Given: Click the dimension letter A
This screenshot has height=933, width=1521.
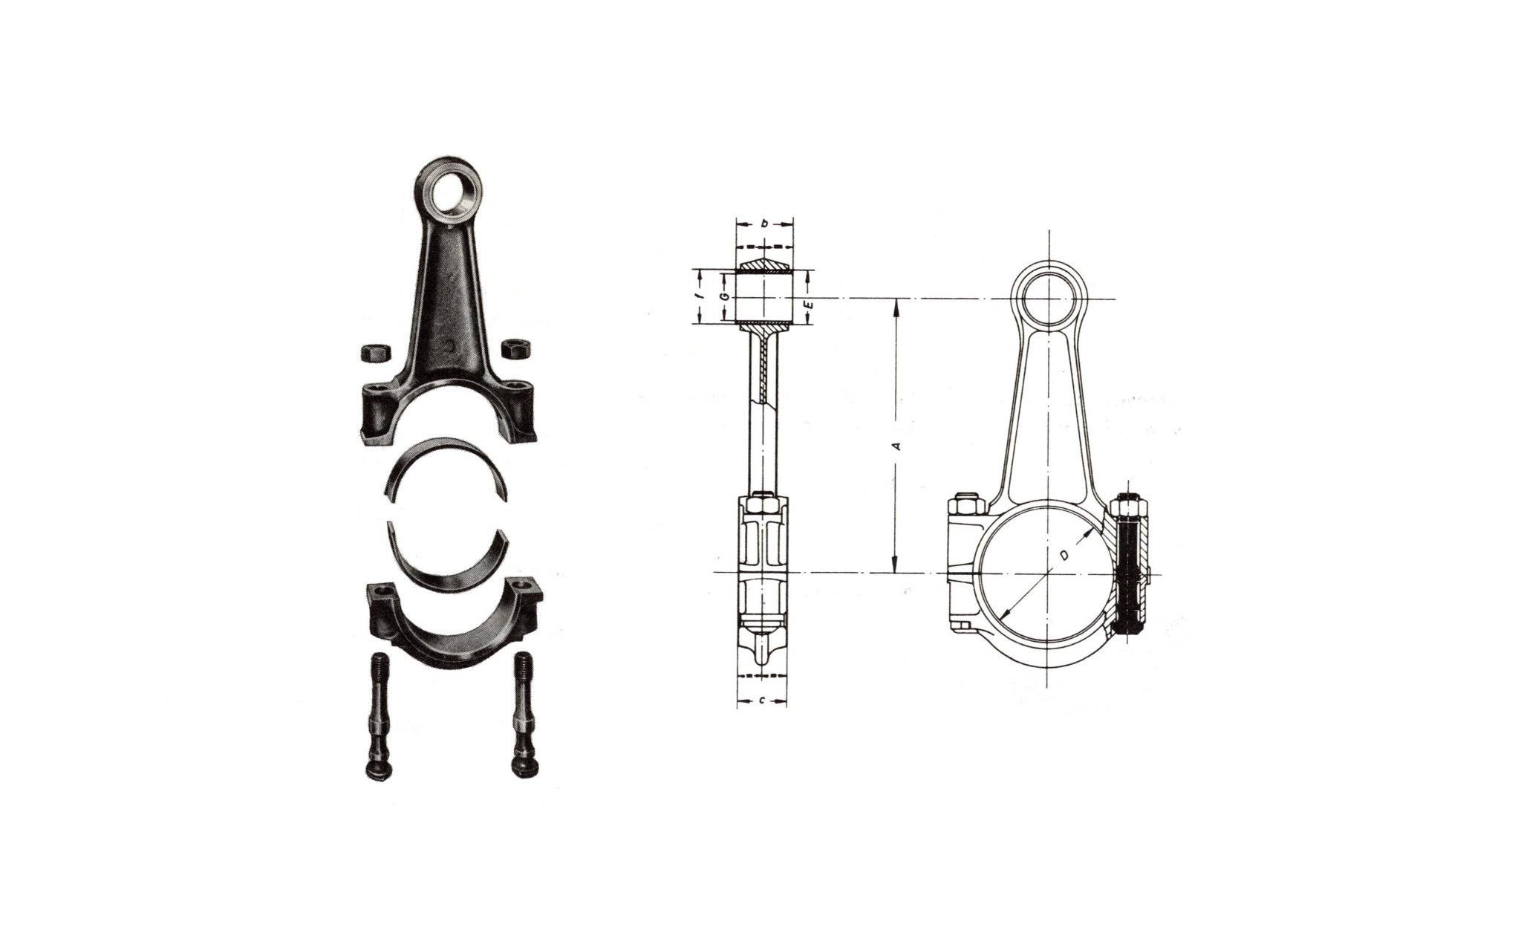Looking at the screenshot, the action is click(896, 446).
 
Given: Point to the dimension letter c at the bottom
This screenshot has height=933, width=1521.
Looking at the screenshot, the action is click(763, 701).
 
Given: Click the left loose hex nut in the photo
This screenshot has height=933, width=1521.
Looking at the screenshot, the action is click(372, 352).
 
